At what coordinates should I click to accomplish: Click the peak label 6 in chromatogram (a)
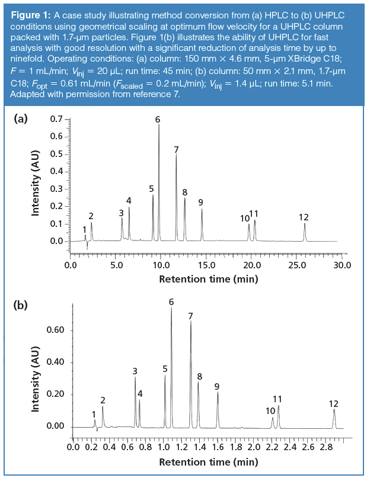(158, 120)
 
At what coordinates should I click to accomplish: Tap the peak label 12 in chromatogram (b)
(333, 404)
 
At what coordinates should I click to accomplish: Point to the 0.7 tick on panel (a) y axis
(55, 120)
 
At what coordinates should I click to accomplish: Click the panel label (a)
(21, 118)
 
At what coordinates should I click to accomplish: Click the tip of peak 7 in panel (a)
(176, 155)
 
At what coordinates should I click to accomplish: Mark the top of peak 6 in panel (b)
(171, 308)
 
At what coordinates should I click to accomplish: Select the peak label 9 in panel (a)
(201, 203)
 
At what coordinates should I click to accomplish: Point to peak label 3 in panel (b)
(135, 371)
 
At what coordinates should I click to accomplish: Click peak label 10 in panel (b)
(270, 411)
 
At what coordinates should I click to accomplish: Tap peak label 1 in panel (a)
(85, 229)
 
